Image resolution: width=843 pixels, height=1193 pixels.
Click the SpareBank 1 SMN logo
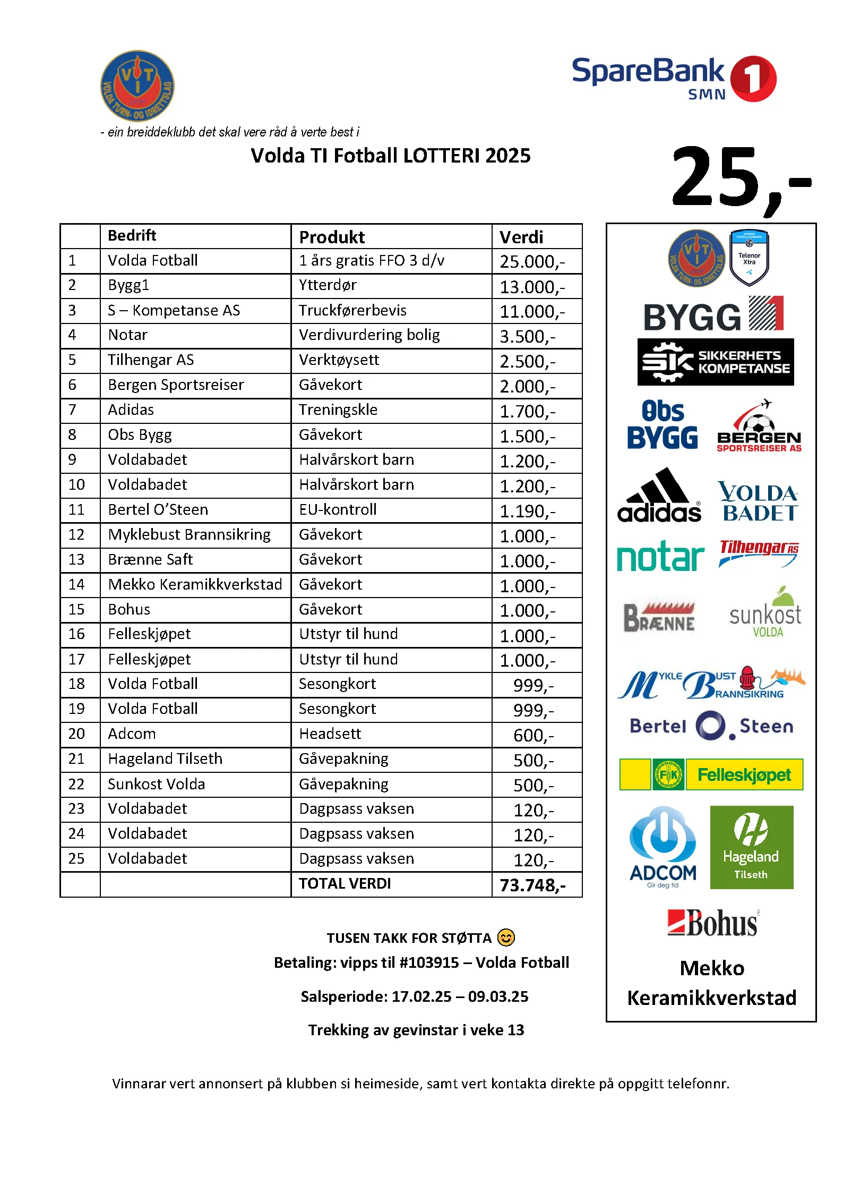point(674,78)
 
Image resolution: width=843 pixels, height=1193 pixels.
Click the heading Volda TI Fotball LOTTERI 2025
point(390,156)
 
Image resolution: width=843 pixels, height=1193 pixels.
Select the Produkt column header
point(332,237)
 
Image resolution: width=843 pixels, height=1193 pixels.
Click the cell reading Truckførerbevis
point(352,310)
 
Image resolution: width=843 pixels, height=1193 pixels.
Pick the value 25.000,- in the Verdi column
point(532,261)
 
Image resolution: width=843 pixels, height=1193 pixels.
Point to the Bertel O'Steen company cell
point(158,510)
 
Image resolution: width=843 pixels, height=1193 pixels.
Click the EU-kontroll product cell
point(338,510)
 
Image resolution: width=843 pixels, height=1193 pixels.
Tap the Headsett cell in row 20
point(330,734)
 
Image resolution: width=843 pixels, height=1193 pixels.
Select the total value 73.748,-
point(532,885)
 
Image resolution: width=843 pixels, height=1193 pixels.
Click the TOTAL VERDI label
point(345,884)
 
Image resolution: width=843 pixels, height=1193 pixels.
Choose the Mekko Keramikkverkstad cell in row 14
point(195,585)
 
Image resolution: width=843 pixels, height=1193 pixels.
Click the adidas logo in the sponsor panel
point(659,496)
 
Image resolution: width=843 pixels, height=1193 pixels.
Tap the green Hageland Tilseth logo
point(751,847)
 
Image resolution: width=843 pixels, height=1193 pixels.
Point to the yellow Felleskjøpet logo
point(711,775)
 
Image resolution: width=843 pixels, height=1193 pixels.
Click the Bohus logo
point(713,923)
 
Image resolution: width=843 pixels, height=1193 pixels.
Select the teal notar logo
point(660,557)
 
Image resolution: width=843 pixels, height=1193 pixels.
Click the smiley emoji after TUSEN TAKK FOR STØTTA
point(506,938)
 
